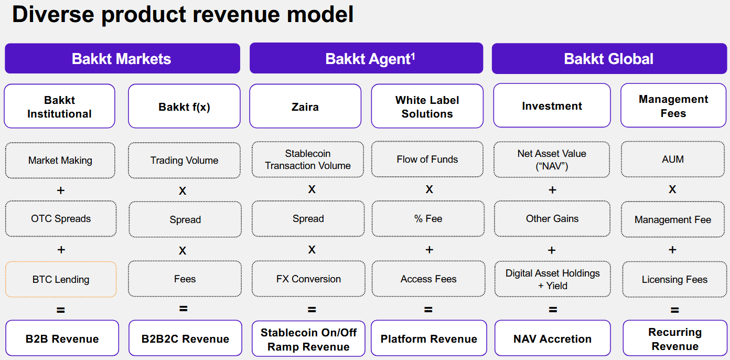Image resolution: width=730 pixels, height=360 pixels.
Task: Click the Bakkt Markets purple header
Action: pos(122,58)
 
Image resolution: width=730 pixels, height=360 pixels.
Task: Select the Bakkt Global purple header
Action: pos(608,58)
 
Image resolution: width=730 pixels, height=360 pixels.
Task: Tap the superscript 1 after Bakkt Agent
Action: pos(413,55)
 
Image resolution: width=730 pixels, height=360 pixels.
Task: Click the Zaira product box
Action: pos(305,107)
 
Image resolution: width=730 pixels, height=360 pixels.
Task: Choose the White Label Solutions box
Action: pos(427,107)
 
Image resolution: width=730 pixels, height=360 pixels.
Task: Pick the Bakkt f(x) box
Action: pos(184,107)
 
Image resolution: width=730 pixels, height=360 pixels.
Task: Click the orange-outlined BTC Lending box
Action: pos(61,279)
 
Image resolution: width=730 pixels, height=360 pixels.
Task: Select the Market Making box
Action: pos(60,160)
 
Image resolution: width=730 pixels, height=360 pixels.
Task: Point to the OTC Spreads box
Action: pos(61,219)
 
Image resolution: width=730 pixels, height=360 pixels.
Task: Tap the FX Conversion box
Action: pos(308,279)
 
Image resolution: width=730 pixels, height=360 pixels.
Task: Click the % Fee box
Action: pos(428,219)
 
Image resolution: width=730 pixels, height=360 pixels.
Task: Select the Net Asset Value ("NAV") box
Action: pos(552,160)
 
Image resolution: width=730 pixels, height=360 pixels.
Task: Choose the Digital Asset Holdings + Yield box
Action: pos(552,279)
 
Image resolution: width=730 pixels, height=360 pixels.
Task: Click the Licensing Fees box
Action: pos(674,279)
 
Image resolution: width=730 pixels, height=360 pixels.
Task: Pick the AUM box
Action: pos(673,160)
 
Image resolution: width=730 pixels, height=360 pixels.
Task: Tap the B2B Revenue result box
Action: pos(62,338)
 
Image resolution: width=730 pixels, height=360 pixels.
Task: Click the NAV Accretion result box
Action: pos(552,338)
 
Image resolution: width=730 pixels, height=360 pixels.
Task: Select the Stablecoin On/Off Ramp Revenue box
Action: pos(308,339)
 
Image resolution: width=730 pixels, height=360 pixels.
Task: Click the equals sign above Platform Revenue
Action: pos(428,310)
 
